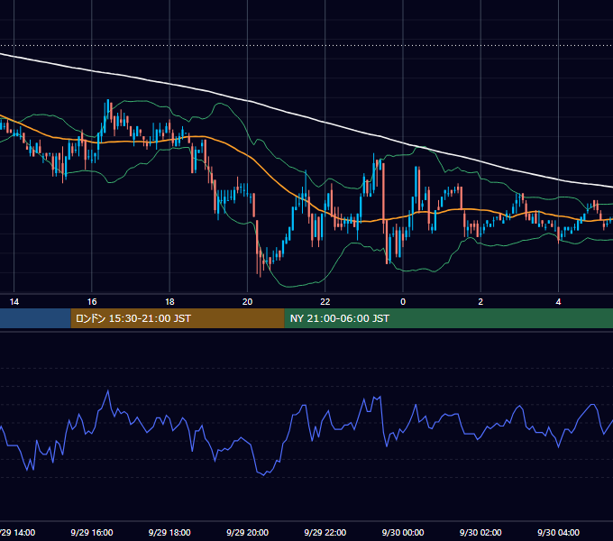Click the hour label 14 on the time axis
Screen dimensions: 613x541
tap(14, 302)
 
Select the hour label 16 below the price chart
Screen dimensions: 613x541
tap(92, 302)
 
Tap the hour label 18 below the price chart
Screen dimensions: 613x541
tap(169, 302)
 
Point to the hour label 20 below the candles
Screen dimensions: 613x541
tap(248, 302)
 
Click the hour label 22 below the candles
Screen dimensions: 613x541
tap(325, 302)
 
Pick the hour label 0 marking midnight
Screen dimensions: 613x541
tap(403, 302)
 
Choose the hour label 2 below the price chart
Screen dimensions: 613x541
tap(480, 302)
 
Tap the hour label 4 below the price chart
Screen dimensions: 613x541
tap(559, 302)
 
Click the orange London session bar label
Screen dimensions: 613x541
tap(133, 318)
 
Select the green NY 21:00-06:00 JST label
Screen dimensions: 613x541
tap(340, 318)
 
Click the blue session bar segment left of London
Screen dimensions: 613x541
tap(35, 318)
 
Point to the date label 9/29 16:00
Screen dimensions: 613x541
tap(92, 532)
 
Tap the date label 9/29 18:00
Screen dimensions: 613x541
tap(169, 532)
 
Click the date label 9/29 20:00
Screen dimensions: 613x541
tap(248, 532)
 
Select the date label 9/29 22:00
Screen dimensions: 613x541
tap(325, 532)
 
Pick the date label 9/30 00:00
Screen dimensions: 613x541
tap(403, 532)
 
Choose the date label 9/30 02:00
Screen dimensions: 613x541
tap(480, 532)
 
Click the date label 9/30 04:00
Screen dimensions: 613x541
tap(559, 532)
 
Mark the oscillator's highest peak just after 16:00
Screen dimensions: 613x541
tap(108, 390)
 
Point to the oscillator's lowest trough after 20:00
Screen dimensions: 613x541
tap(264, 475)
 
